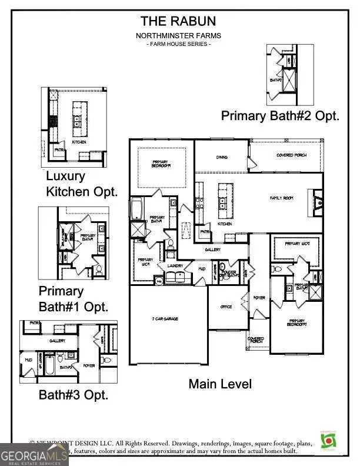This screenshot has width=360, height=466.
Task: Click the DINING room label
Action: [x=221, y=157]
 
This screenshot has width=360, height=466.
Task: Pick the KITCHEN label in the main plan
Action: [x=225, y=224]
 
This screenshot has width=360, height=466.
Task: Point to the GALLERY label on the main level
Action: [x=212, y=249]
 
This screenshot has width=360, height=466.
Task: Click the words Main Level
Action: [x=220, y=384]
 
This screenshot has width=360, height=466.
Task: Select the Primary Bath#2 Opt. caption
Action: [x=280, y=116]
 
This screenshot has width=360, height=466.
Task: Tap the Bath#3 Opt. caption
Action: [x=74, y=395]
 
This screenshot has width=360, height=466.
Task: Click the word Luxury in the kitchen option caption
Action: [x=65, y=176]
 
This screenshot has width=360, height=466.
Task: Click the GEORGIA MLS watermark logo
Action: [x=34, y=454]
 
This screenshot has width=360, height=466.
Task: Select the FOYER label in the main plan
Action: [x=259, y=298]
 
